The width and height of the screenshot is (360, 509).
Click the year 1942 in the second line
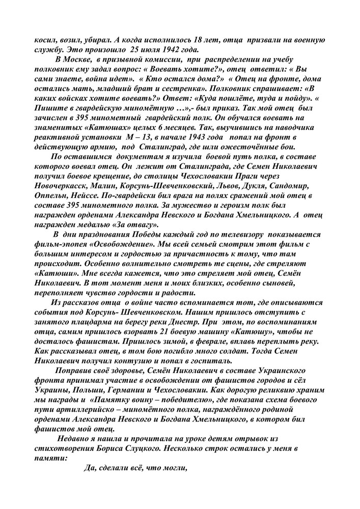179,50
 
